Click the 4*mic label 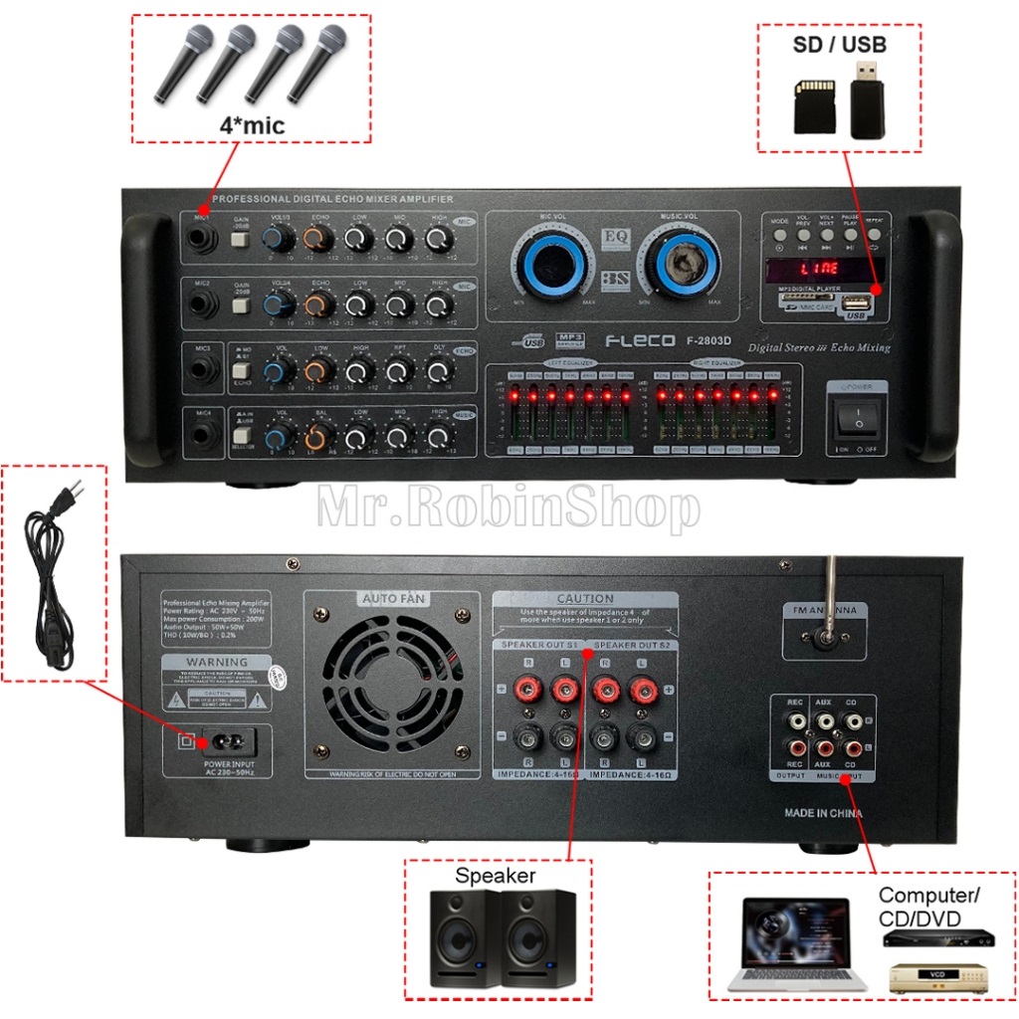coord(251,126)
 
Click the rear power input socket coord(226,741)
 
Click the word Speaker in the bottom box coord(496,877)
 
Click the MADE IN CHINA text coord(823,814)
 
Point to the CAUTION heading coord(585,598)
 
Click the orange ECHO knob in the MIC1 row coord(318,239)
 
